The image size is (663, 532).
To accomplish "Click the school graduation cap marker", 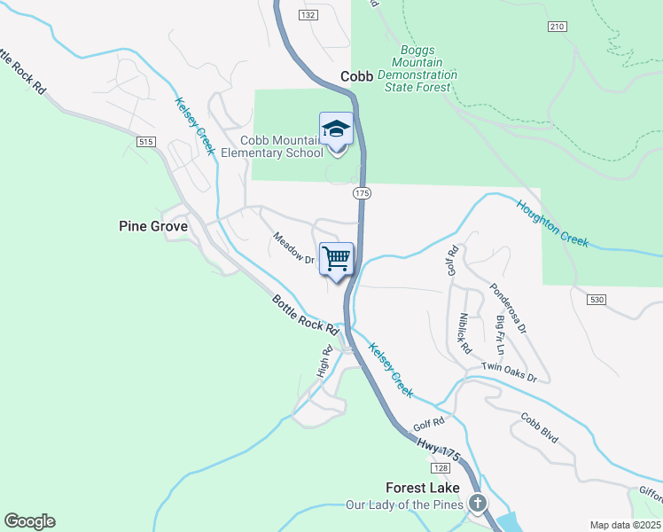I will (x=336, y=131).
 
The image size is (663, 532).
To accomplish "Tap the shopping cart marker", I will (x=336, y=259).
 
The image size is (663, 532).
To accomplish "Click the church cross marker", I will (x=478, y=505).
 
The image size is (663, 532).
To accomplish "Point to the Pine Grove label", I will (x=153, y=226).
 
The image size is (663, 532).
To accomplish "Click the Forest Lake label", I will (x=423, y=488).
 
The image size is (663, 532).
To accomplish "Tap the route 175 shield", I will (x=361, y=192).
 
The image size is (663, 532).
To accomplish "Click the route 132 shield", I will (x=308, y=15).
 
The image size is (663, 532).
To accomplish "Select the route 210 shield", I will (x=557, y=27).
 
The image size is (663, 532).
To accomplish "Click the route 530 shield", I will (x=596, y=301).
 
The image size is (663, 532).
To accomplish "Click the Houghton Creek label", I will (x=551, y=222).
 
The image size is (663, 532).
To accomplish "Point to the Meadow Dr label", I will (x=293, y=248).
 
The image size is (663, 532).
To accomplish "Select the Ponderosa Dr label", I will (x=508, y=309).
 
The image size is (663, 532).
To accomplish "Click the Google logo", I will (x=29, y=521).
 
